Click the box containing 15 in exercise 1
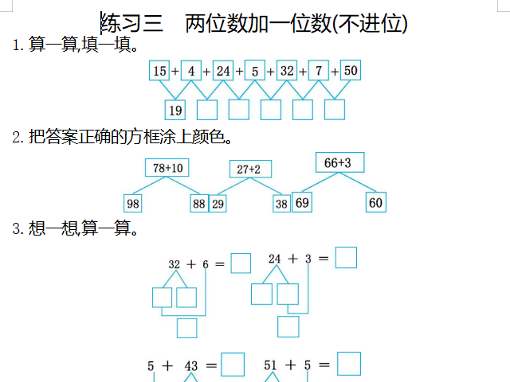159,71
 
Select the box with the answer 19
175,110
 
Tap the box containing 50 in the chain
351,71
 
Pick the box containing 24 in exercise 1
223,71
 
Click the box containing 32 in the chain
287,71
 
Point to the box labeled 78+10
167,168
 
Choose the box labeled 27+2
251,169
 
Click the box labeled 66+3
338,162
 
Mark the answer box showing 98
133,204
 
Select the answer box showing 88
198,204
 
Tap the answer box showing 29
218,204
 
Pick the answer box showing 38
281,204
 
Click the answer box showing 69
302,203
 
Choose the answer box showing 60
376,203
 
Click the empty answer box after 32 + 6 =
241,263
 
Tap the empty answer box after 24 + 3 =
346,258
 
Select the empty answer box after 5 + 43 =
233,364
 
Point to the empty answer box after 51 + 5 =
349,364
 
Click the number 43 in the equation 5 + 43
191,366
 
